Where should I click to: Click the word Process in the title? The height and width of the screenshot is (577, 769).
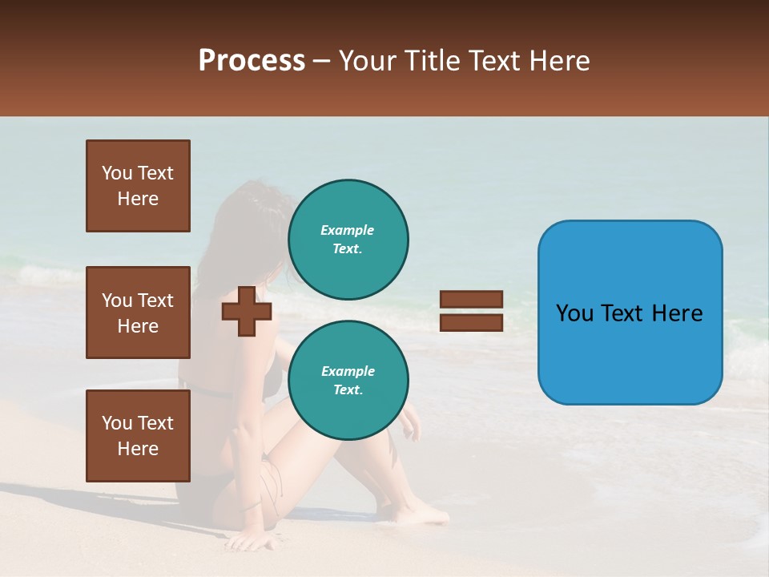tap(252, 61)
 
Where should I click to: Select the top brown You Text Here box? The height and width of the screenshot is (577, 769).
tap(138, 186)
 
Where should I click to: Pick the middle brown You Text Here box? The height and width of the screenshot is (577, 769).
tap(138, 313)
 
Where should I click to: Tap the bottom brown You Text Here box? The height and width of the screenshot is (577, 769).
tap(138, 435)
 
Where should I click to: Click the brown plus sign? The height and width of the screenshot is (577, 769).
tap(247, 311)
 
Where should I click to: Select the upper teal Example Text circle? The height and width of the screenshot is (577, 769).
tap(348, 239)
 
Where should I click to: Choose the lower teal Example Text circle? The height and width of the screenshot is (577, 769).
tap(348, 380)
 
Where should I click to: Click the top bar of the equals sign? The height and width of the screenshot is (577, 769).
tap(471, 300)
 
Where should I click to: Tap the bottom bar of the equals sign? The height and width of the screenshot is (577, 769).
tap(471, 322)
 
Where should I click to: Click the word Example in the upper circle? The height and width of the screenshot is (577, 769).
tap(348, 230)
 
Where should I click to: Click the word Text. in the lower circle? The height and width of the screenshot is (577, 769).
tap(348, 389)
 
